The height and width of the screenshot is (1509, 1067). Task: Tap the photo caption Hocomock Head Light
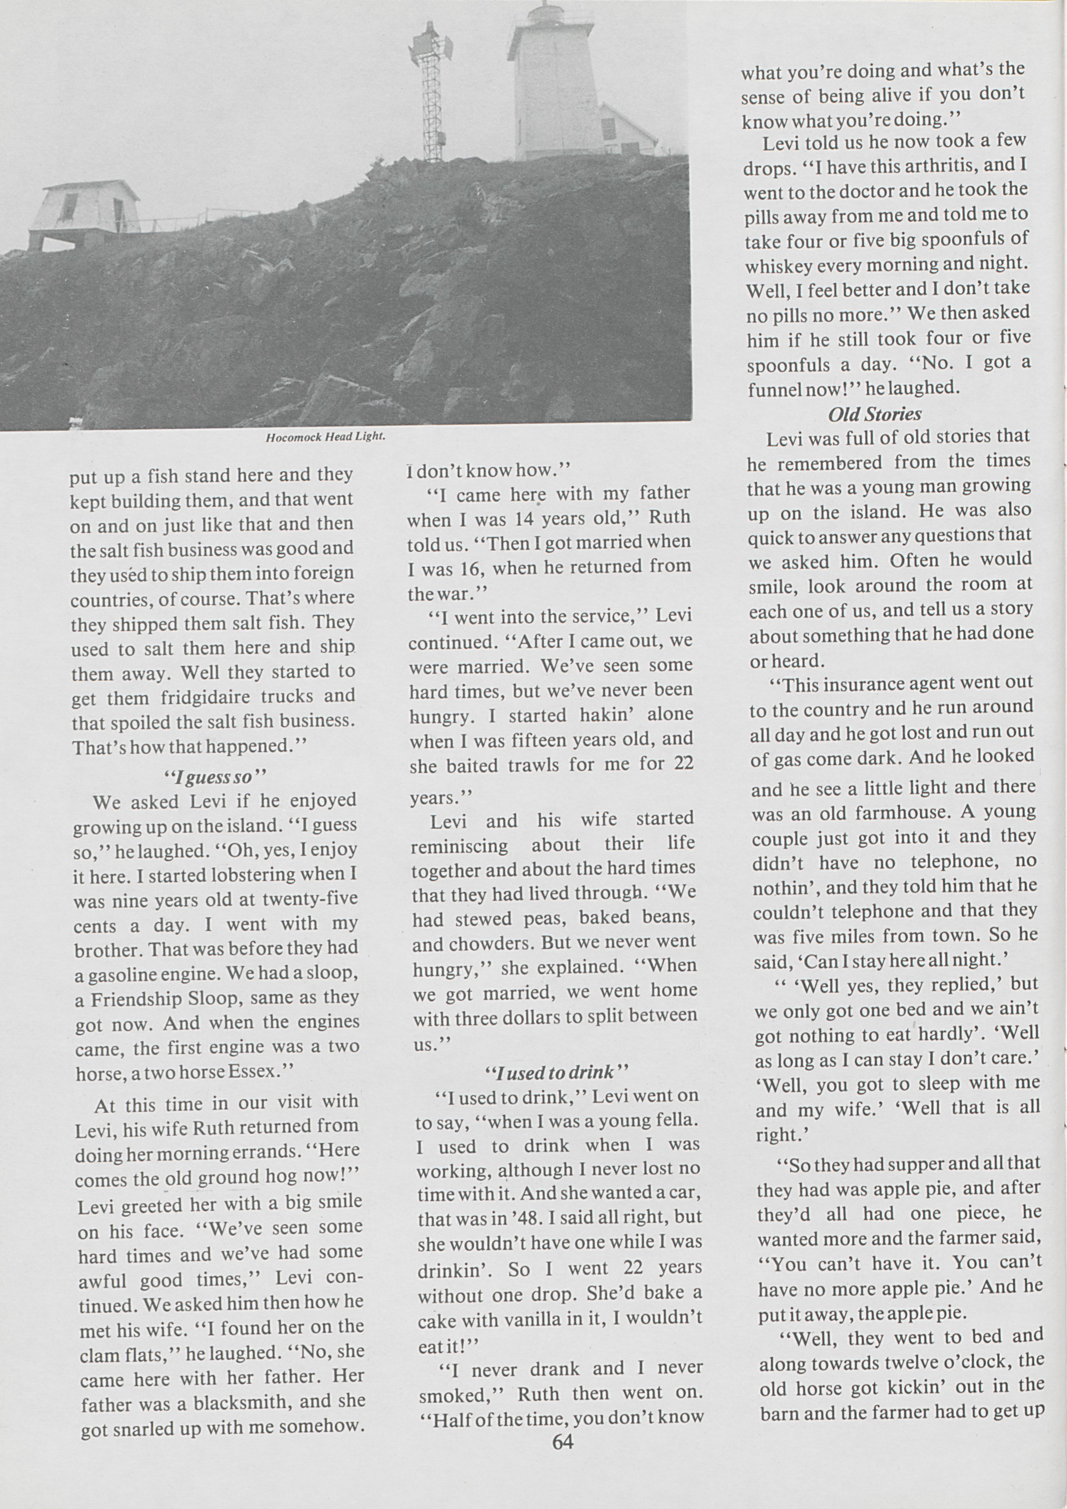coord(325,437)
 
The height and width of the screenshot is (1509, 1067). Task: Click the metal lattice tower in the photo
coord(431,92)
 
